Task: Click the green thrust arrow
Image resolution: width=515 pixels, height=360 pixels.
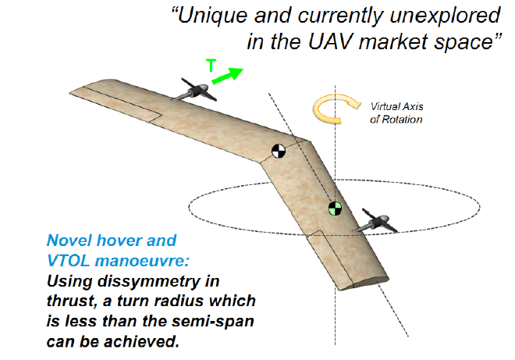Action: tap(228, 76)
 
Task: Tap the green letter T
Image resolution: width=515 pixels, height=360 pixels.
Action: tap(211, 66)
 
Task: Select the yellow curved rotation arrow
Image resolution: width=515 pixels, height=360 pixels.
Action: tap(332, 109)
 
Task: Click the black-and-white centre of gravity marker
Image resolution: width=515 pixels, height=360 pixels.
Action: tap(279, 151)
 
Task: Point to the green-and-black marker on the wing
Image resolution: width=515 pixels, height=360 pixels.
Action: tap(335, 209)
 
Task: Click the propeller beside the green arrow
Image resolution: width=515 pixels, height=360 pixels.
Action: tap(195, 90)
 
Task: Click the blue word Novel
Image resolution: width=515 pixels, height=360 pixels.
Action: tap(69, 241)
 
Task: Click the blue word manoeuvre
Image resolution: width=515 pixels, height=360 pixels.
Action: tap(142, 261)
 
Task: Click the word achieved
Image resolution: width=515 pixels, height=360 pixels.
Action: tap(142, 342)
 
